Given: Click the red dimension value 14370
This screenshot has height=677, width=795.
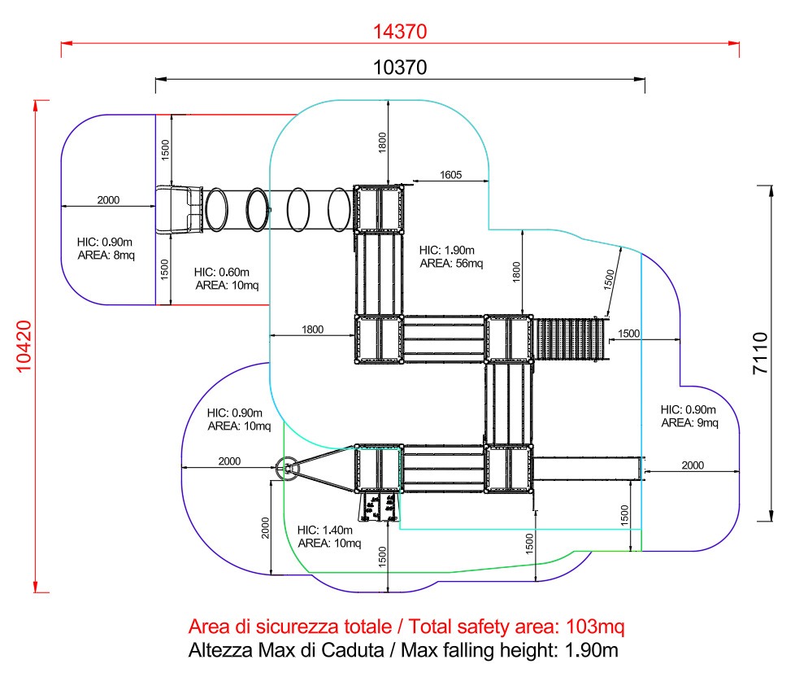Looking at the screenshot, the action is point(400,32).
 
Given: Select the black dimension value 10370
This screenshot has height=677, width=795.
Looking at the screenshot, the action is point(400,68).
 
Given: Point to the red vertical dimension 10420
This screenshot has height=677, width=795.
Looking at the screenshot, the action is point(24,347).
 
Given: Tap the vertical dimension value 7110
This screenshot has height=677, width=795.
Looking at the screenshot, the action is point(761,353).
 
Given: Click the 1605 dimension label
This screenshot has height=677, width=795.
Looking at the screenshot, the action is point(450,175).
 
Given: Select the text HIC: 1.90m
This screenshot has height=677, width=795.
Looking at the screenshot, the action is point(447,250).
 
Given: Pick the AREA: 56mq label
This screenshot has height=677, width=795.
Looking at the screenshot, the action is point(451,264).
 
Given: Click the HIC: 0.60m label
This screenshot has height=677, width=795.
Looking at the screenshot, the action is point(222,272).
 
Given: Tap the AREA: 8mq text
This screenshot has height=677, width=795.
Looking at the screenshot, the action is point(106,256).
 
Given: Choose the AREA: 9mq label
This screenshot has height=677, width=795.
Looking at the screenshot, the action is point(689,423).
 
